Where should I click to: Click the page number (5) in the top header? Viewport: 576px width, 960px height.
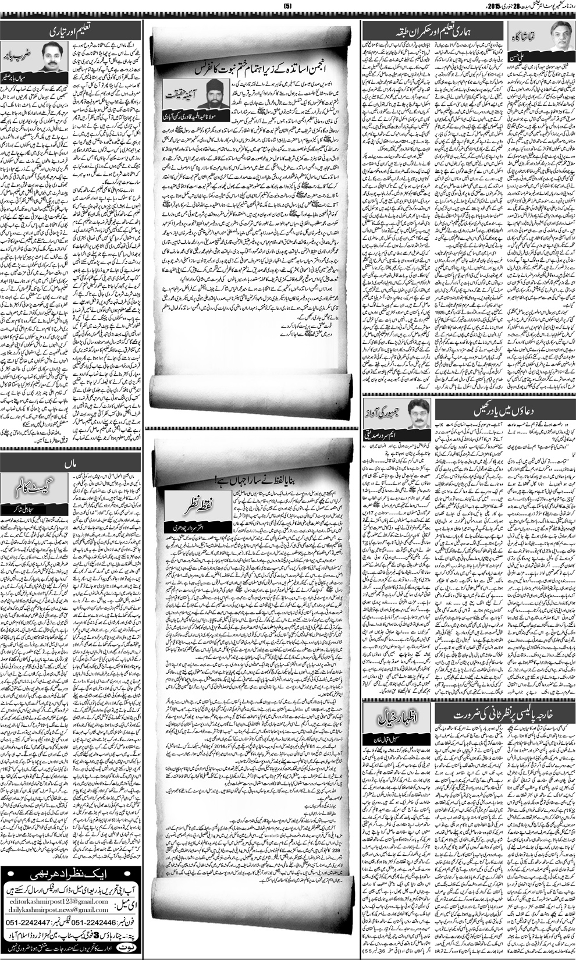(287, 6)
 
